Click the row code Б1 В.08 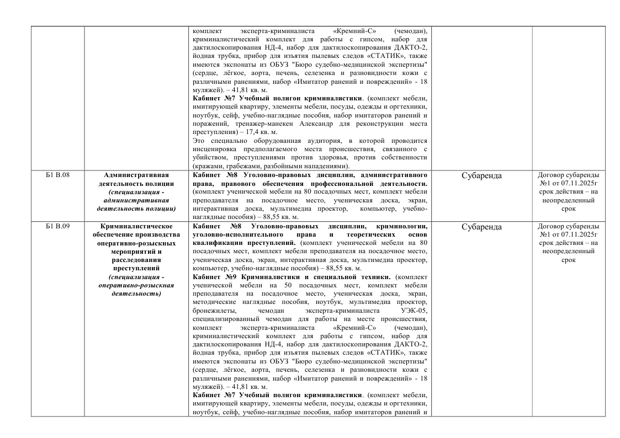point(56,176)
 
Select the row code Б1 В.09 point(56,227)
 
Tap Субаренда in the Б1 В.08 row point(481,176)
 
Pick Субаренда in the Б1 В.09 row point(481,227)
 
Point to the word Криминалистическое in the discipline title point(136,226)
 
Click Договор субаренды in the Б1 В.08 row point(568,175)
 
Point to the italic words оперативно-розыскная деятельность point(136,290)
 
